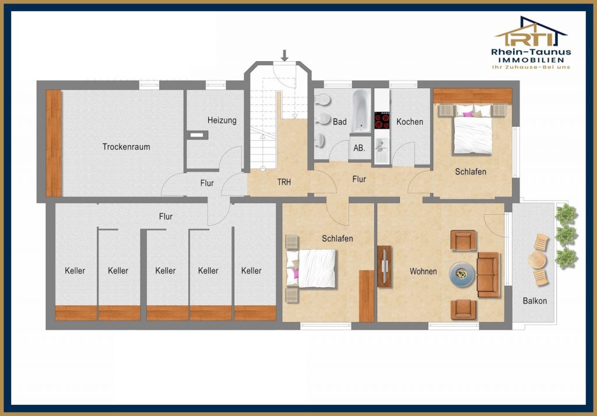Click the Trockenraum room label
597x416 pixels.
(126, 147)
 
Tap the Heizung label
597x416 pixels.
(222, 120)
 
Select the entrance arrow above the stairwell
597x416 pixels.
(285, 55)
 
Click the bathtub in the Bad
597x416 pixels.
(361, 110)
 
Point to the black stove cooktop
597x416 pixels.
(382, 120)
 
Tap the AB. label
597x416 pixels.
(359, 148)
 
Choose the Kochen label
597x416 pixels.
(410, 122)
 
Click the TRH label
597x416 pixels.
(284, 182)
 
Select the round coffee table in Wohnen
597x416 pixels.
(462, 274)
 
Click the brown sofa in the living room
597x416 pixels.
(488, 274)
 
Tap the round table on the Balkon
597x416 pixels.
(537, 261)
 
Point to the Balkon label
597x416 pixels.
(535, 301)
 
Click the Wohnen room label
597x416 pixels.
(423, 271)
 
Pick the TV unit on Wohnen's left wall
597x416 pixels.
(385, 266)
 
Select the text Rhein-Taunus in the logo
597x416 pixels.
(531, 52)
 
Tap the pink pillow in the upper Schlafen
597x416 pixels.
(468, 114)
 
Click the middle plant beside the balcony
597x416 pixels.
(566, 236)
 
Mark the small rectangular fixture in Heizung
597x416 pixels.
(197, 135)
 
